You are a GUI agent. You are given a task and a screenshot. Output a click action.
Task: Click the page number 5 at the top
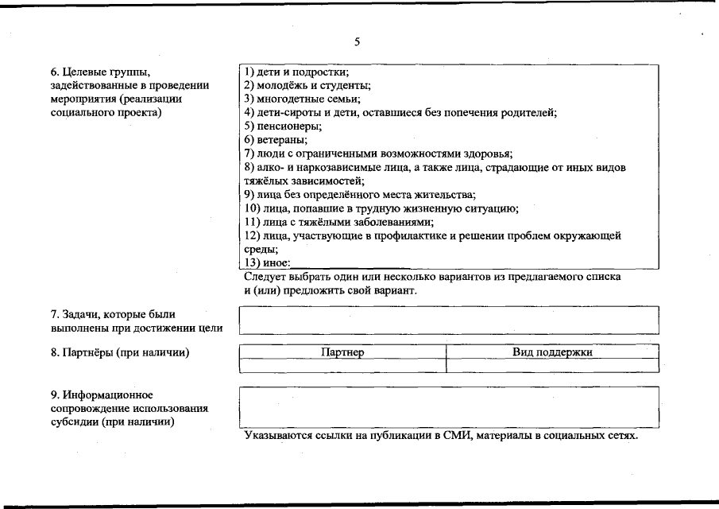coord(358,41)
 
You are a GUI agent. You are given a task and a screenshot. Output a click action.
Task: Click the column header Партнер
coord(342,352)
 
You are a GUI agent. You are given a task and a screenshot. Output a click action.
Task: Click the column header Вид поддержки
coord(553,352)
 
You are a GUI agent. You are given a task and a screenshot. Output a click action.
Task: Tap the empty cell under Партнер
coord(342,365)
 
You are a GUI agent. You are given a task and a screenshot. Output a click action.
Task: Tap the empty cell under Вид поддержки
coord(553,365)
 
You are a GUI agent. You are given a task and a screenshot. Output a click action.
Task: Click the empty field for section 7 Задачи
coord(449,320)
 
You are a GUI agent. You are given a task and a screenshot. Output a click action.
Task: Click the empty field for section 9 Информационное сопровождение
coord(449,406)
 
